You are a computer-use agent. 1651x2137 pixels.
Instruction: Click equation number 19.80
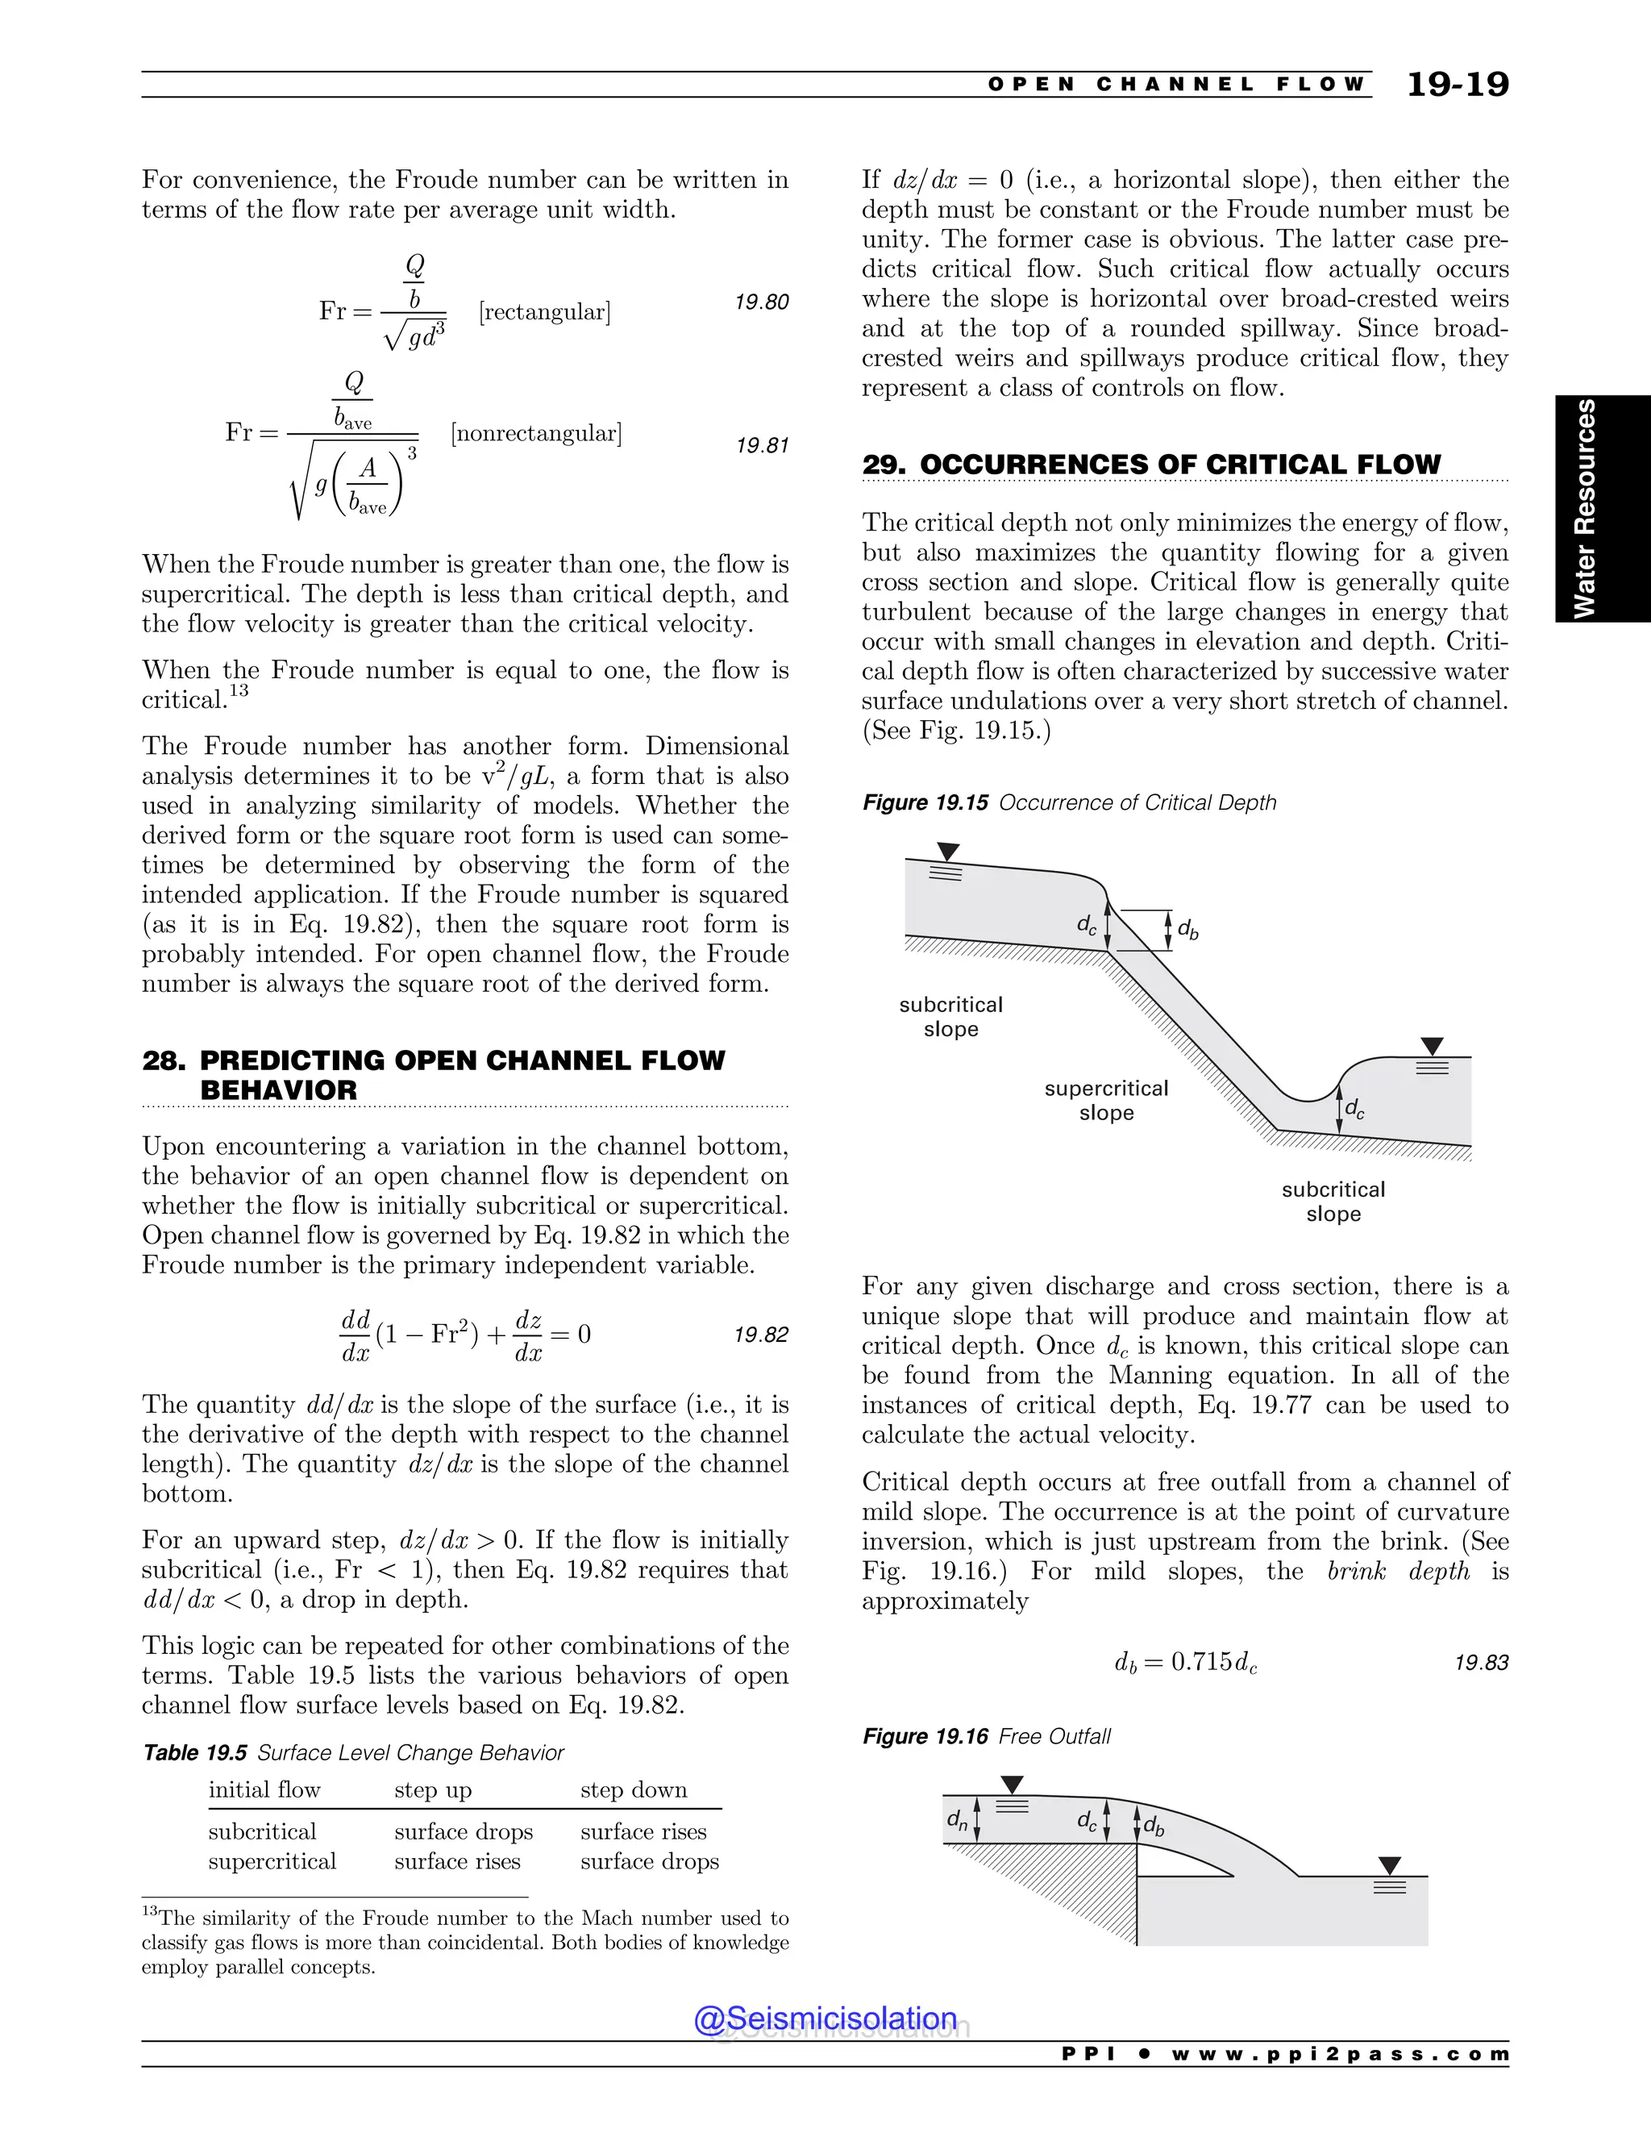[761, 302]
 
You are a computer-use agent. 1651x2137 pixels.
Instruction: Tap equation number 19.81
[761, 446]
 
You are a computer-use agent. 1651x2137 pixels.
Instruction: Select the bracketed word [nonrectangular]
[536, 434]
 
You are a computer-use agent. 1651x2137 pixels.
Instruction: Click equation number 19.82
[761, 1335]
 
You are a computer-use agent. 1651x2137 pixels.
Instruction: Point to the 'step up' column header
[432, 1790]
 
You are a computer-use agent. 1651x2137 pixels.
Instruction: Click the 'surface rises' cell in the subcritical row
[643, 1831]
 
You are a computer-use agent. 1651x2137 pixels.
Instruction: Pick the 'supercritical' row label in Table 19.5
[272, 1861]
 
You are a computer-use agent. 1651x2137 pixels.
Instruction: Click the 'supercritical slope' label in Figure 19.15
[1106, 1101]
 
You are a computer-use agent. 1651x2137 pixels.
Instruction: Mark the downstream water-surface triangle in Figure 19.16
[1389, 1866]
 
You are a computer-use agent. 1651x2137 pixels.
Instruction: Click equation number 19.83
[1481, 1664]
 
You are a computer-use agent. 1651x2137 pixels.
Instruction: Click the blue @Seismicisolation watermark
[825, 2018]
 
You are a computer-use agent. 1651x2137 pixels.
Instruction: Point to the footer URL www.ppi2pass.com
[1339, 2054]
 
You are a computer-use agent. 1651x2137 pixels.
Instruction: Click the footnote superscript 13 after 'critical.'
[239, 692]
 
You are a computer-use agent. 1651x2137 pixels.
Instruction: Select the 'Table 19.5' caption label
[194, 1752]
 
